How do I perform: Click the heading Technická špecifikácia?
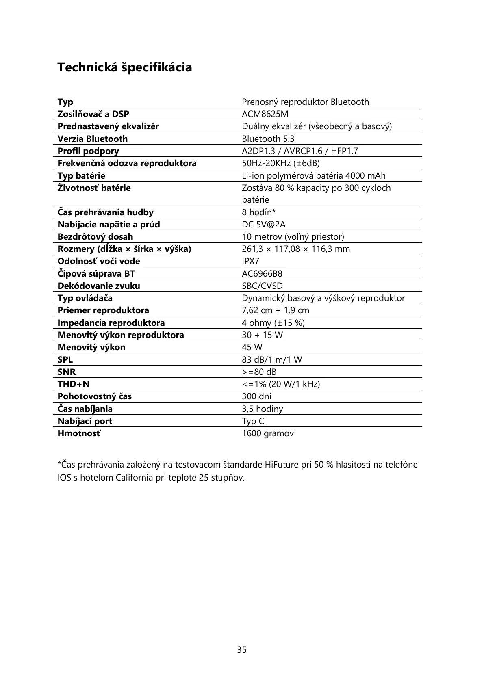point(124,67)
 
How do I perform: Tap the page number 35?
point(242,649)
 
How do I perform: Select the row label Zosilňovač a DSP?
point(93,114)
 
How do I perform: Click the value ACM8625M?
point(265,114)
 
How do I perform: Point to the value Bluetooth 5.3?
point(268,139)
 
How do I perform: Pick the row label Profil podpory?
point(88,151)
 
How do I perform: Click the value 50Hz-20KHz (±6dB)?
point(281,163)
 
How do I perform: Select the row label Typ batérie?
point(81,176)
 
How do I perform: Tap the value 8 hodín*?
point(259,212)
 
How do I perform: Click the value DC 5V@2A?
point(264,225)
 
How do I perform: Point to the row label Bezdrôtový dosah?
point(95,237)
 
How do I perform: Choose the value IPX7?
point(250,261)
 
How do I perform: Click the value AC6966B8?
point(262,274)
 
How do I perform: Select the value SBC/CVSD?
point(262,286)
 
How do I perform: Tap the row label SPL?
point(65,360)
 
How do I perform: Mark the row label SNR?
point(66,372)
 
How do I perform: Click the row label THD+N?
point(73,384)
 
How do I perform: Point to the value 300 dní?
point(256,396)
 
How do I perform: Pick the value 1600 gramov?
point(268,433)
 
